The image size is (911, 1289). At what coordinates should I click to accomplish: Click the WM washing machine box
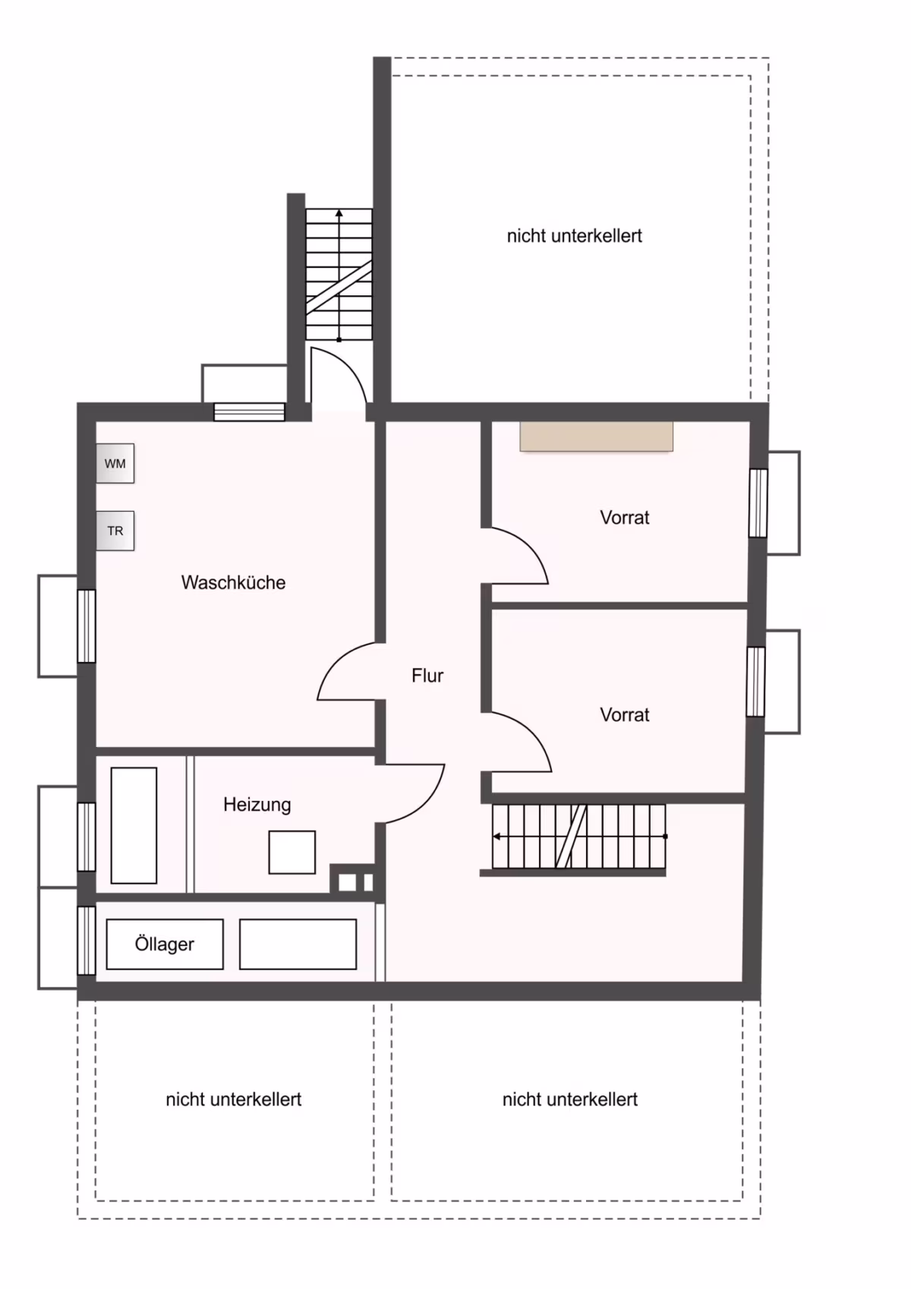click(x=115, y=463)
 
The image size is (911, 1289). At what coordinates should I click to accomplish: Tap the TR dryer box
click(x=115, y=531)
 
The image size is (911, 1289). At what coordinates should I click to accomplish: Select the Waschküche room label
click(x=233, y=582)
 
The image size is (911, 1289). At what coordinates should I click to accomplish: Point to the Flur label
click(x=427, y=675)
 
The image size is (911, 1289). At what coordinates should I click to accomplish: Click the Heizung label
click(x=257, y=805)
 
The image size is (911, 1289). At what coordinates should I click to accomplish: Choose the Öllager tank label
click(x=165, y=944)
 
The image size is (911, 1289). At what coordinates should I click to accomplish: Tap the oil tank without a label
click(x=298, y=944)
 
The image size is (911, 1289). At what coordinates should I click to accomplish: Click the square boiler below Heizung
click(x=292, y=853)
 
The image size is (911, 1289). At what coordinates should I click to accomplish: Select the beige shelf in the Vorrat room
click(x=596, y=436)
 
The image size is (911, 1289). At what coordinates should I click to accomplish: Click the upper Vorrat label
click(x=624, y=517)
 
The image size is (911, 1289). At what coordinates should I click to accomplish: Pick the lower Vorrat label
click(x=624, y=714)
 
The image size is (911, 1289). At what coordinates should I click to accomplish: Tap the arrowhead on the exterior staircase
click(x=339, y=213)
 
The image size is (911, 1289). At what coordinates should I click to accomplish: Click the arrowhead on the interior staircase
click(x=496, y=836)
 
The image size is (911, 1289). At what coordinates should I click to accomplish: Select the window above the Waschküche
click(x=249, y=412)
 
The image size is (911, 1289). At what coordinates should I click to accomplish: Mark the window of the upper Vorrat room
click(x=758, y=503)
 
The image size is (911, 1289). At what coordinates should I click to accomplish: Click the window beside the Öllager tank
click(x=87, y=941)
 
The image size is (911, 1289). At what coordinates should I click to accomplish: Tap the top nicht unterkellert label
click(x=575, y=236)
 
